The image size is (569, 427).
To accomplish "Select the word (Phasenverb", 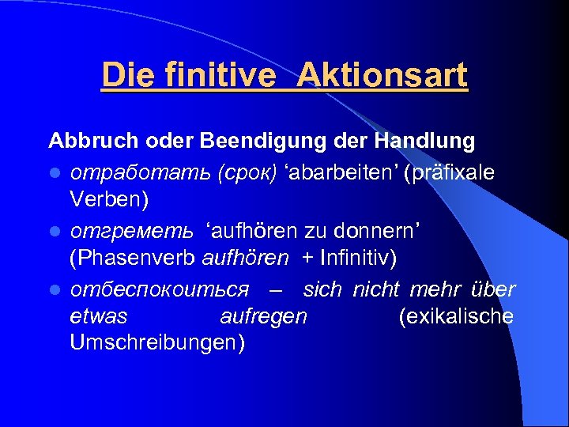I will coord(134,259).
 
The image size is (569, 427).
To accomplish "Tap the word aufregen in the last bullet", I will coord(264,317).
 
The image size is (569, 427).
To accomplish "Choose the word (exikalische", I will coord(457,317).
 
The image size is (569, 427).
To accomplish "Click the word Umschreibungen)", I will coord(157,343).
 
